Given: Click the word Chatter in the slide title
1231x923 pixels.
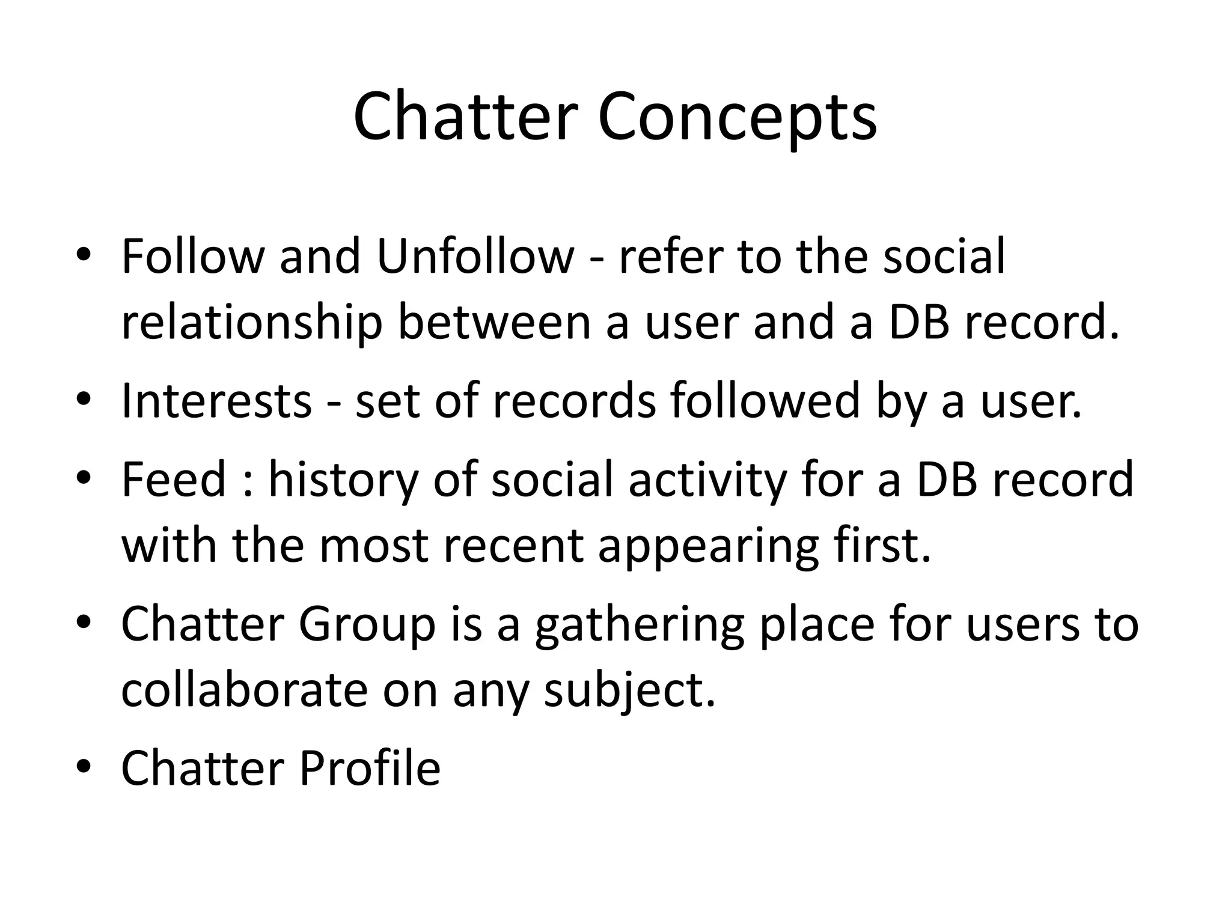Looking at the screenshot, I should point(466,117).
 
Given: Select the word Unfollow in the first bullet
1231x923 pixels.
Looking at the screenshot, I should point(475,257).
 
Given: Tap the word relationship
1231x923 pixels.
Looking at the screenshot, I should point(252,323).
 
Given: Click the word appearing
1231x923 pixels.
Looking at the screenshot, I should point(708,547).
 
